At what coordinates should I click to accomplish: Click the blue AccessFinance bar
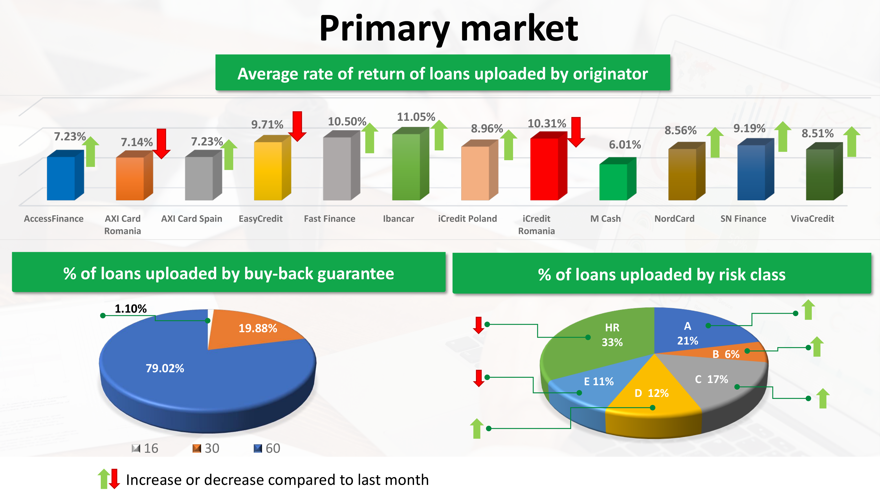pos(65,175)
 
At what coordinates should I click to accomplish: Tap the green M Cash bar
pos(618,179)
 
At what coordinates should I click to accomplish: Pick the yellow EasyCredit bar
pos(272,168)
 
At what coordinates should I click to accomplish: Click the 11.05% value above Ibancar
pos(416,117)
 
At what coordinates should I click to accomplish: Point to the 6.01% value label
pos(625,145)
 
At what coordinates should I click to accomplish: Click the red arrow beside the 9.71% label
pos(297,126)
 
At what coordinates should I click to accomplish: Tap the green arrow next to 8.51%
pos(852,141)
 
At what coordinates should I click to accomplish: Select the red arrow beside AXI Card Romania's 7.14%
pos(161,143)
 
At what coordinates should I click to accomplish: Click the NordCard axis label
pos(674,219)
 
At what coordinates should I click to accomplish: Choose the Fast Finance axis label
pos(330,219)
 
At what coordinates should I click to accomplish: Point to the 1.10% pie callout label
pos(130,309)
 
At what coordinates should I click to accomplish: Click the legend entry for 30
pos(206,448)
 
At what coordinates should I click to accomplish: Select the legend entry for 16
pos(145,448)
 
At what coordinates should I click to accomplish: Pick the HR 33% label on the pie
pos(612,335)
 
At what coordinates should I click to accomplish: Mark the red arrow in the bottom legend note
pos(114,479)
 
